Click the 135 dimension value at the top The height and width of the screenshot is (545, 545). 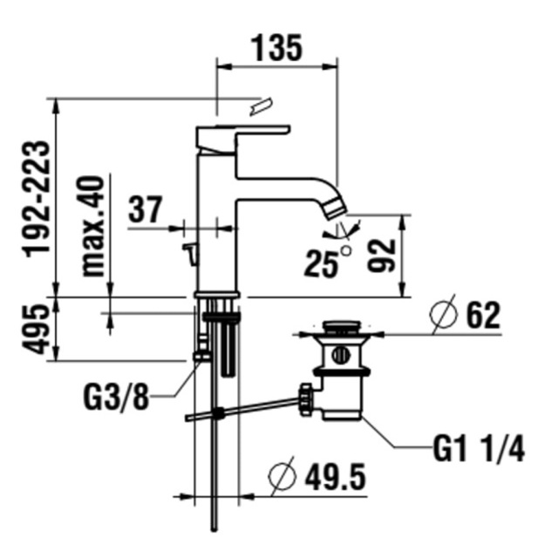pos(276,48)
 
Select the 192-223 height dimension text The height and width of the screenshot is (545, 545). pos(36,199)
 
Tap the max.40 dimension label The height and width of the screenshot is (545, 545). pos(92,226)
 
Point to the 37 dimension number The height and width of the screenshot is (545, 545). pos(146,209)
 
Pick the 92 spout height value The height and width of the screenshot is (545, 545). pos(381,255)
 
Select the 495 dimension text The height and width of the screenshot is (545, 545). pos(35,329)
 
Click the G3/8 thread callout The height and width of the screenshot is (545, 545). pos(116,397)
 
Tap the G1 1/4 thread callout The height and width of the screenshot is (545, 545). pos(479,448)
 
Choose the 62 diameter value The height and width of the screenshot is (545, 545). pos(483,316)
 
